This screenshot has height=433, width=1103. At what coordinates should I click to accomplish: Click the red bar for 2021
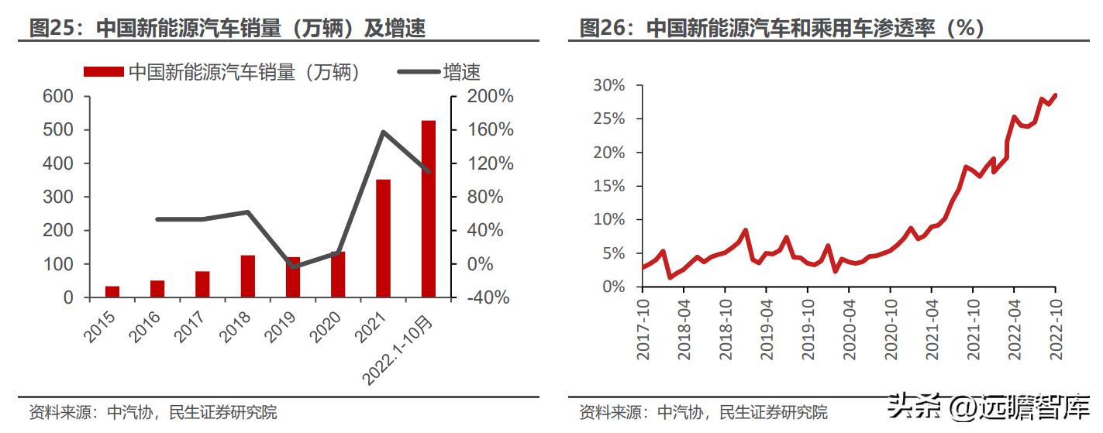tap(383, 239)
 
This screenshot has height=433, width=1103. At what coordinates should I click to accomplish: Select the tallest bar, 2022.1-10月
tap(428, 209)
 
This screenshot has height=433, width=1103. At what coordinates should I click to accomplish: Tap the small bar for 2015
tap(112, 292)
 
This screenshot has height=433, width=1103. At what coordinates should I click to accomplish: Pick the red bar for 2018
tap(248, 276)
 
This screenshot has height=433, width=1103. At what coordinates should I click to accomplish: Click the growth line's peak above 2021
tap(383, 132)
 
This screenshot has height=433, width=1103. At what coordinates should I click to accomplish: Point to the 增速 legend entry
tap(439, 72)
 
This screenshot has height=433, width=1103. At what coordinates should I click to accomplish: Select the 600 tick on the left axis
tap(58, 97)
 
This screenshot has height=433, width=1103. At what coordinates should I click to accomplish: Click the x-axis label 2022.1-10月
tap(400, 348)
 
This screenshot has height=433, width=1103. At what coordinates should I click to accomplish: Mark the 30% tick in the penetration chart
tap(608, 85)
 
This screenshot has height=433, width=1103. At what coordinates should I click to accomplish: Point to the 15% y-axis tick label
tap(608, 186)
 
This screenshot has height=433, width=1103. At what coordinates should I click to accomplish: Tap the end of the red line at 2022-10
tap(1055, 95)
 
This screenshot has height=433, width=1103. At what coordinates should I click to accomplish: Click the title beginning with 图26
tap(782, 29)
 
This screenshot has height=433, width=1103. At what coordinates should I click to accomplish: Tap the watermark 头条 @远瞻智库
tap(990, 406)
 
